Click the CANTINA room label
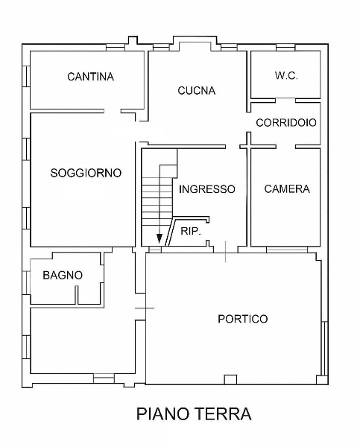pyautogui.click(x=90, y=77)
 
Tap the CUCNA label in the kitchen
pyautogui.click(x=196, y=90)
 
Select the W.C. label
pyautogui.click(x=286, y=75)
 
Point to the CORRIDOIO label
pyautogui.click(x=286, y=123)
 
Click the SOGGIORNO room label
pyautogui.click(x=86, y=173)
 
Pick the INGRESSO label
pyautogui.click(x=206, y=189)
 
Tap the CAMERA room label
pyautogui.click(x=287, y=188)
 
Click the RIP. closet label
pyautogui.click(x=191, y=231)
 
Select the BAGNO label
pyautogui.click(x=63, y=275)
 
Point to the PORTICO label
pyautogui.click(x=243, y=319)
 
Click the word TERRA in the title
pyautogui.click(x=224, y=413)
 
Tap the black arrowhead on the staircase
pyautogui.click(x=160, y=238)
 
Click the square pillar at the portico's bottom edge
pyautogui.click(x=230, y=379)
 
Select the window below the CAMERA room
pyautogui.click(x=287, y=250)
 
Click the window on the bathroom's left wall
pyautogui.click(x=27, y=282)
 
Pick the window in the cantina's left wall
pyautogui.click(x=26, y=76)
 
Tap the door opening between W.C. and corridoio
pyautogui.click(x=285, y=101)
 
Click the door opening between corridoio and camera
pyautogui.click(x=285, y=147)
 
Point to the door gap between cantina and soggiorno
pyautogui.click(x=112, y=111)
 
